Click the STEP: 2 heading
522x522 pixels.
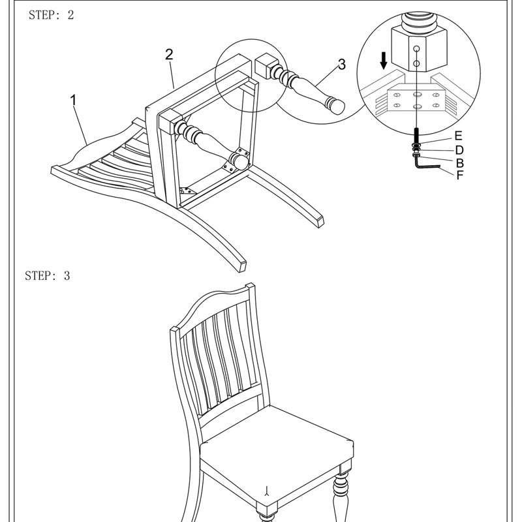[51, 15]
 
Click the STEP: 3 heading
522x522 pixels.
[47, 275]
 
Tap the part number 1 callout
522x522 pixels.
[73, 100]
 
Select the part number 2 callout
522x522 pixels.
[169, 55]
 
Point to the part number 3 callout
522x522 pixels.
[341, 64]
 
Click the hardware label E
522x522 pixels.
[459, 136]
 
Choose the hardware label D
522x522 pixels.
[459, 150]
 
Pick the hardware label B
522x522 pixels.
[460, 162]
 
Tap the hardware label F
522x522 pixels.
[460, 175]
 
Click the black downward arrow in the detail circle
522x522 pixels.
[384, 61]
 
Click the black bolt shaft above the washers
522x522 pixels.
[416, 135]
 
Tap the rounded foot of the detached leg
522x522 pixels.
[335, 105]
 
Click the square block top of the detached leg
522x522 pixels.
[266, 66]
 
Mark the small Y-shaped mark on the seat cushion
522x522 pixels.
[267, 491]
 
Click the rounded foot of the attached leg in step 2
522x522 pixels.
[239, 161]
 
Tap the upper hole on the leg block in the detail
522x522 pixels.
[416, 49]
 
